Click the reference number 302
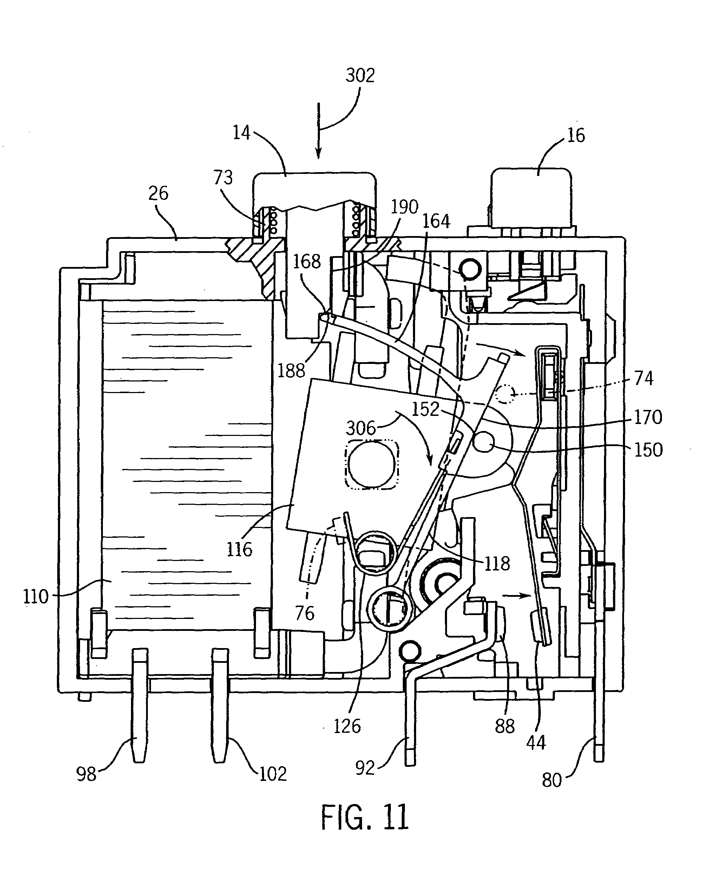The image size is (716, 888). [360, 76]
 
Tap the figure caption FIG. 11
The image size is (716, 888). [365, 817]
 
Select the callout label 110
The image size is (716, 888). [36, 597]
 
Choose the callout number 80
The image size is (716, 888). [552, 780]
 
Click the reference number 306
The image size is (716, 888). [361, 429]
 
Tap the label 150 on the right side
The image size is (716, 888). [648, 450]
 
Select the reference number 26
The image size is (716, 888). [158, 193]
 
